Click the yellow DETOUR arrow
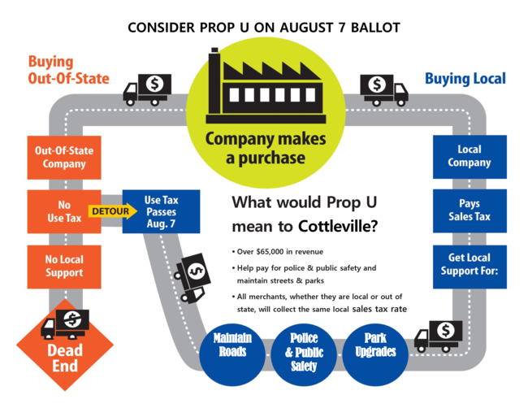coord(106,211)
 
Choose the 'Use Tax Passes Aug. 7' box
coord(161,211)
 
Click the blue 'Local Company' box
coord(470,156)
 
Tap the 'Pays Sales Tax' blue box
coord(470,211)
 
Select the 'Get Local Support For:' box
coord(470,266)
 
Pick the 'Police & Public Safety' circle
coord(302,351)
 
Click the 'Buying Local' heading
coord(465,78)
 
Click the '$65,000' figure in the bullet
coord(275,253)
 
